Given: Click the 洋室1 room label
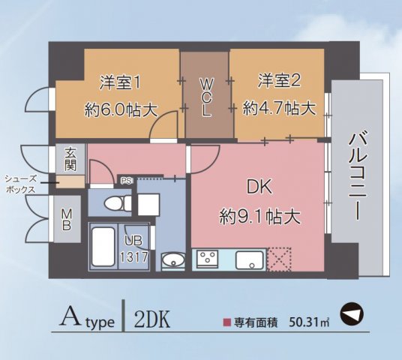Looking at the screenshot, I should click(x=121, y=80).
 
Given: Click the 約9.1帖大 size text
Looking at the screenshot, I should click(x=259, y=217).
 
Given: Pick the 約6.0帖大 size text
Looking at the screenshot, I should click(x=121, y=109).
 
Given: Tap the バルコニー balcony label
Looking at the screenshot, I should click(x=357, y=177).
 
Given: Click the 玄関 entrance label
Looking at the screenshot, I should click(x=70, y=158).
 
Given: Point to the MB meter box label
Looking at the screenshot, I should click(x=67, y=218).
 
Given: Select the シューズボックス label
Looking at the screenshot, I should click(x=20, y=184).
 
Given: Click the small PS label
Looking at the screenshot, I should click(x=127, y=180).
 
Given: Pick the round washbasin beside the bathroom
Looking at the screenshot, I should click(x=172, y=261).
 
